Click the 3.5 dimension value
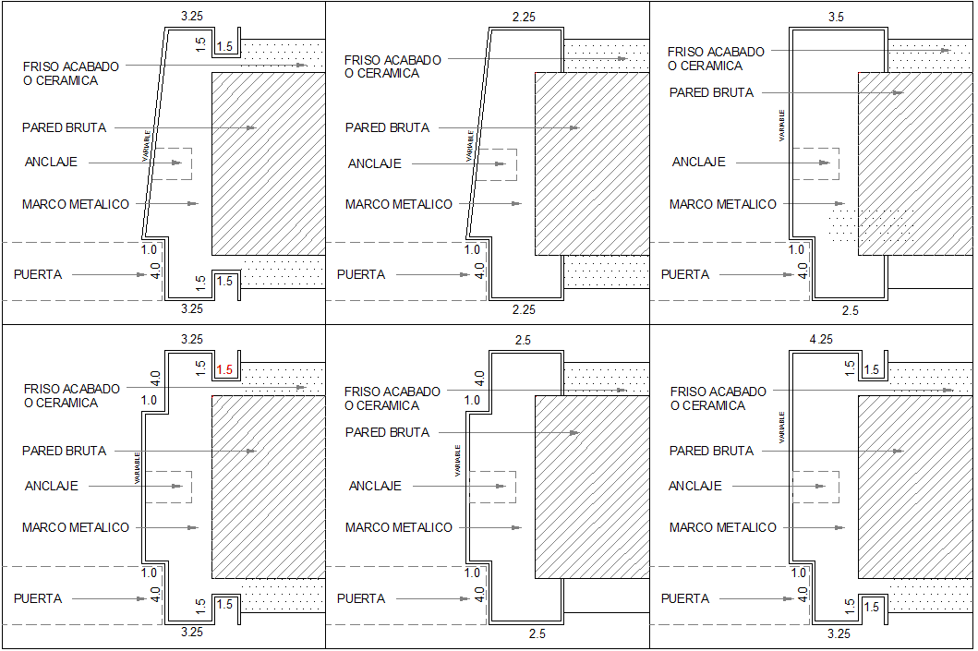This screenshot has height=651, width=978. [x=836, y=17]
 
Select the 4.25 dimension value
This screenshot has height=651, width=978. [x=820, y=340]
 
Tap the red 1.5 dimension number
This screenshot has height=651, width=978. [x=225, y=369]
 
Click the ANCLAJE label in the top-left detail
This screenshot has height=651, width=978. [x=51, y=162]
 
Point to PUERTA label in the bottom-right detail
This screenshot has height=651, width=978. [x=684, y=598]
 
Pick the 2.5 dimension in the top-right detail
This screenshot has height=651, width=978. [x=850, y=311]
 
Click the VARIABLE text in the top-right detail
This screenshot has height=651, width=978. [x=783, y=126]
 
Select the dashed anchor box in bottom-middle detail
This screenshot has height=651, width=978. [x=492, y=487]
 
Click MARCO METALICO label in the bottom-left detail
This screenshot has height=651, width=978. [x=76, y=527]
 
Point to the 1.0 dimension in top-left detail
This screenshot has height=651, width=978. [x=149, y=249]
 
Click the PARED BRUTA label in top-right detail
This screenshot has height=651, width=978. [x=711, y=92]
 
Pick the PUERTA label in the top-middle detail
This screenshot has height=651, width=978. [x=361, y=274]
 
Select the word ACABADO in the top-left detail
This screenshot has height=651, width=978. [x=92, y=66]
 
